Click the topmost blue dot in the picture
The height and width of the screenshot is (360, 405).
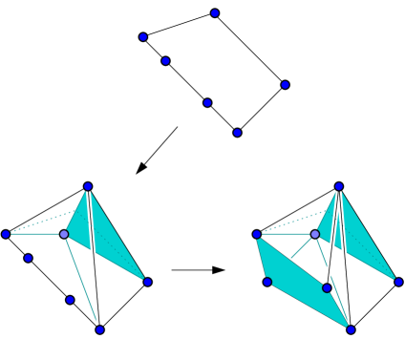coord(215,13)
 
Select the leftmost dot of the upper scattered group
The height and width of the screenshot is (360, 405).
coord(143,37)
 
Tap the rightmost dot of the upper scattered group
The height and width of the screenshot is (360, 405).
coord(285,85)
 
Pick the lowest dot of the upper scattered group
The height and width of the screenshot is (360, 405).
coord(237,133)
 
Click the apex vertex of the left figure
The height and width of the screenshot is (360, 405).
coord(88,187)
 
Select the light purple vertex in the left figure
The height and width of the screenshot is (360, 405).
coord(64,234)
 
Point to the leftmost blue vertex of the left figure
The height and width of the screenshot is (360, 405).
coord(6,234)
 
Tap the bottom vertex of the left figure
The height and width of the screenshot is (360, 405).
coord(99,329)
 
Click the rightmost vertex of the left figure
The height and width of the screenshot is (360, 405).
coord(147,282)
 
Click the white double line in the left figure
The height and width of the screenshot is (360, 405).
coord(94,258)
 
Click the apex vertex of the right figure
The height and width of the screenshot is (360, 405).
coord(339,187)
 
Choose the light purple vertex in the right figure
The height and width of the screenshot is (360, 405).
coord(315,234)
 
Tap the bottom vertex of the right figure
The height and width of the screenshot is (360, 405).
coord(351,329)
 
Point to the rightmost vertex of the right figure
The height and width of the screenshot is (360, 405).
coord(398,282)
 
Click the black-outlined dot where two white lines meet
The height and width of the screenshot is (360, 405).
coord(327,287)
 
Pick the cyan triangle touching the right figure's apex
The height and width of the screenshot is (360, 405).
coord(363,239)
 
